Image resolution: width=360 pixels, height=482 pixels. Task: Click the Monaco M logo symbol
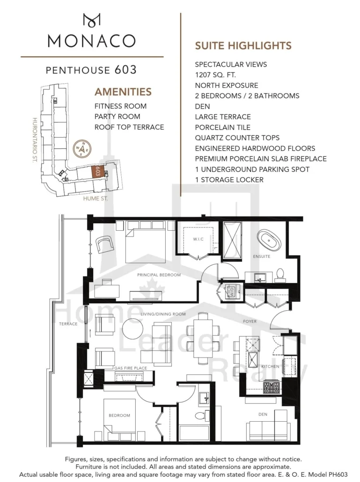click(92, 20)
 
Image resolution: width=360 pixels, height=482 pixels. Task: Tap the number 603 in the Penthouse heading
click(125, 70)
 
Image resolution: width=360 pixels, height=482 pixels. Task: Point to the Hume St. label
click(96, 198)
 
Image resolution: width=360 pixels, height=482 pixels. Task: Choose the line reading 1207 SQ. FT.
click(215, 75)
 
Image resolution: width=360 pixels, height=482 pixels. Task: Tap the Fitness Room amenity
click(120, 106)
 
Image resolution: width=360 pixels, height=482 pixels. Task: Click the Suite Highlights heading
click(243, 46)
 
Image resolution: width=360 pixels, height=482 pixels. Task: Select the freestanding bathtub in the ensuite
click(269, 241)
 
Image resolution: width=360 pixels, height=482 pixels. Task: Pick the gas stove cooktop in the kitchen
click(272, 387)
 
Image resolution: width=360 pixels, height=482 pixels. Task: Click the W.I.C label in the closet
click(198, 239)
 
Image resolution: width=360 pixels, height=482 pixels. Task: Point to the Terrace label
click(68, 324)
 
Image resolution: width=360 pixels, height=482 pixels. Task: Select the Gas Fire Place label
click(131, 368)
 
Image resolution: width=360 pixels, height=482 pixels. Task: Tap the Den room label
click(263, 414)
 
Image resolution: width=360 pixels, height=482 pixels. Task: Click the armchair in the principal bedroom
click(105, 245)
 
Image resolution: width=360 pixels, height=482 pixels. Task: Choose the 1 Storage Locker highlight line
click(229, 180)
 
